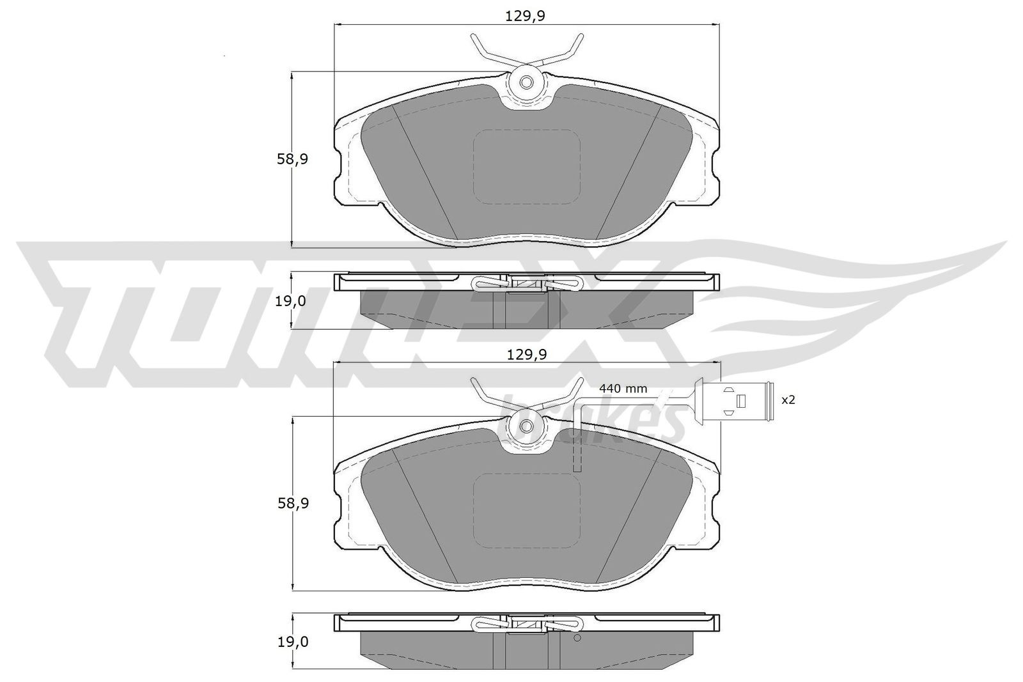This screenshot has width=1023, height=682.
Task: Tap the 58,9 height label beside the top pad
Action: pos(293,160)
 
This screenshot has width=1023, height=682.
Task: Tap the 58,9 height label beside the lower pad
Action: pos(293,504)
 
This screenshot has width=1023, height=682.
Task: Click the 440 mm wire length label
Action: pos(623,389)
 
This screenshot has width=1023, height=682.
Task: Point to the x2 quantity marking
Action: pos(788,400)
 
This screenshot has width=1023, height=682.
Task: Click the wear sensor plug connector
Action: pos(745,400)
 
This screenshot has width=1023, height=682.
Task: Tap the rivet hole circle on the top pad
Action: pos(526,82)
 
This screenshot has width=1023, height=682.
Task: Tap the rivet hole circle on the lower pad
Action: pos(526,426)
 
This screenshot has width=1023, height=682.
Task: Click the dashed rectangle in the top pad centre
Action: pos(526,167)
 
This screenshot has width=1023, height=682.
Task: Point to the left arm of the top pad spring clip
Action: pos(486,51)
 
